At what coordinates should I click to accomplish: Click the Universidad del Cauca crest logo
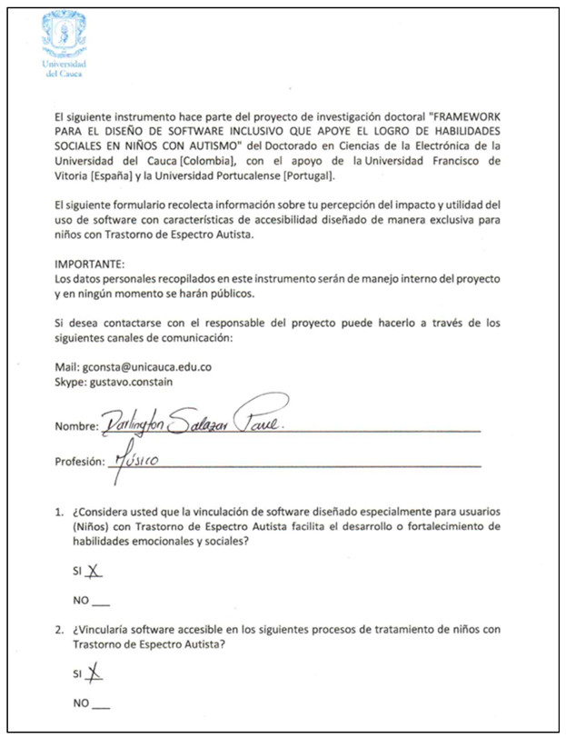(65, 36)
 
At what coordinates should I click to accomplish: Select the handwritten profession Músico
(135, 459)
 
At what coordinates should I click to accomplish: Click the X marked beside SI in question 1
(94, 573)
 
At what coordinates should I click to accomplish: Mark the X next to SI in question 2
(94, 673)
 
